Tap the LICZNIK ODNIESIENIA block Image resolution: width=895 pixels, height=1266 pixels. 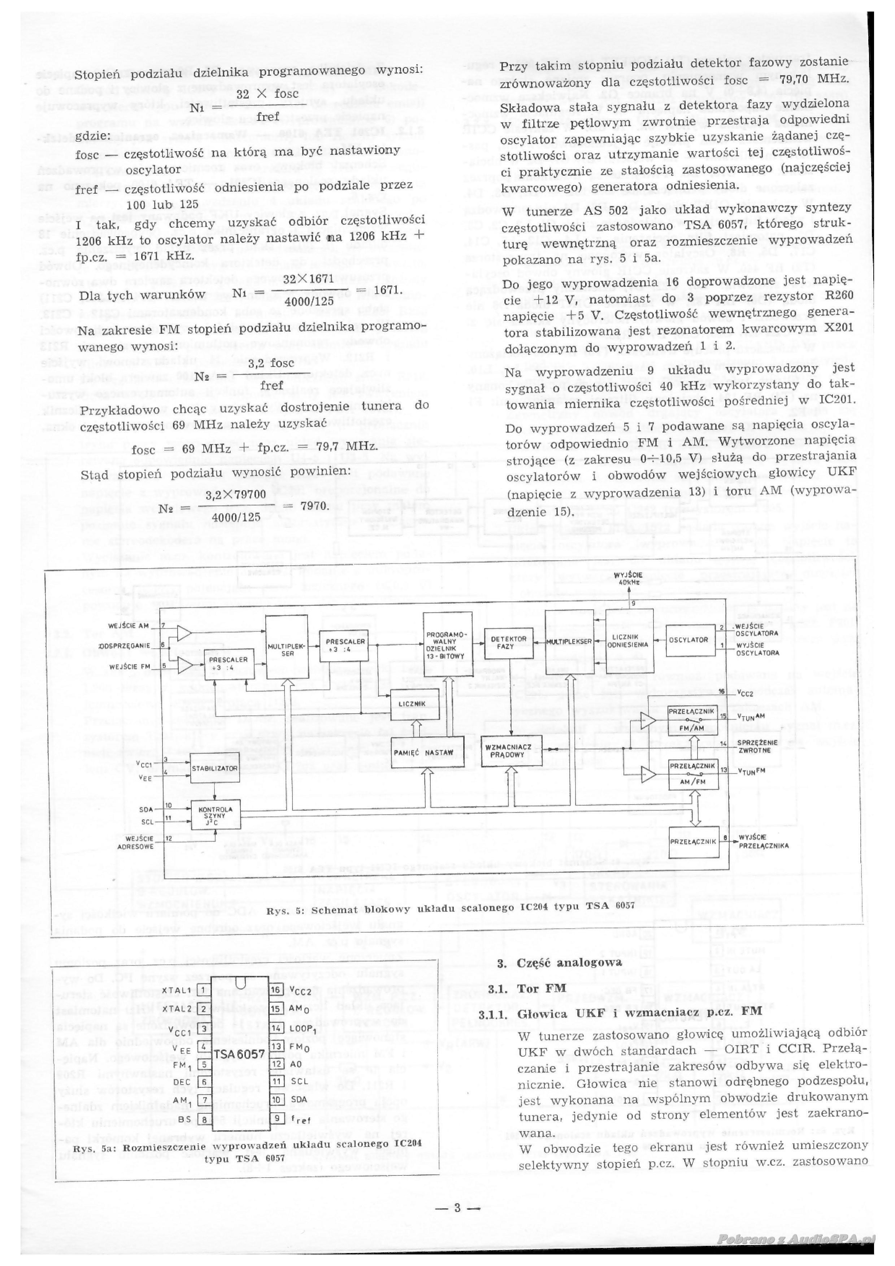(628, 641)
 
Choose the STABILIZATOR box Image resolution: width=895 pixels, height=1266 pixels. (215, 768)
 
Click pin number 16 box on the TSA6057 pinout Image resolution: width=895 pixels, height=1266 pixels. (276, 990)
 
